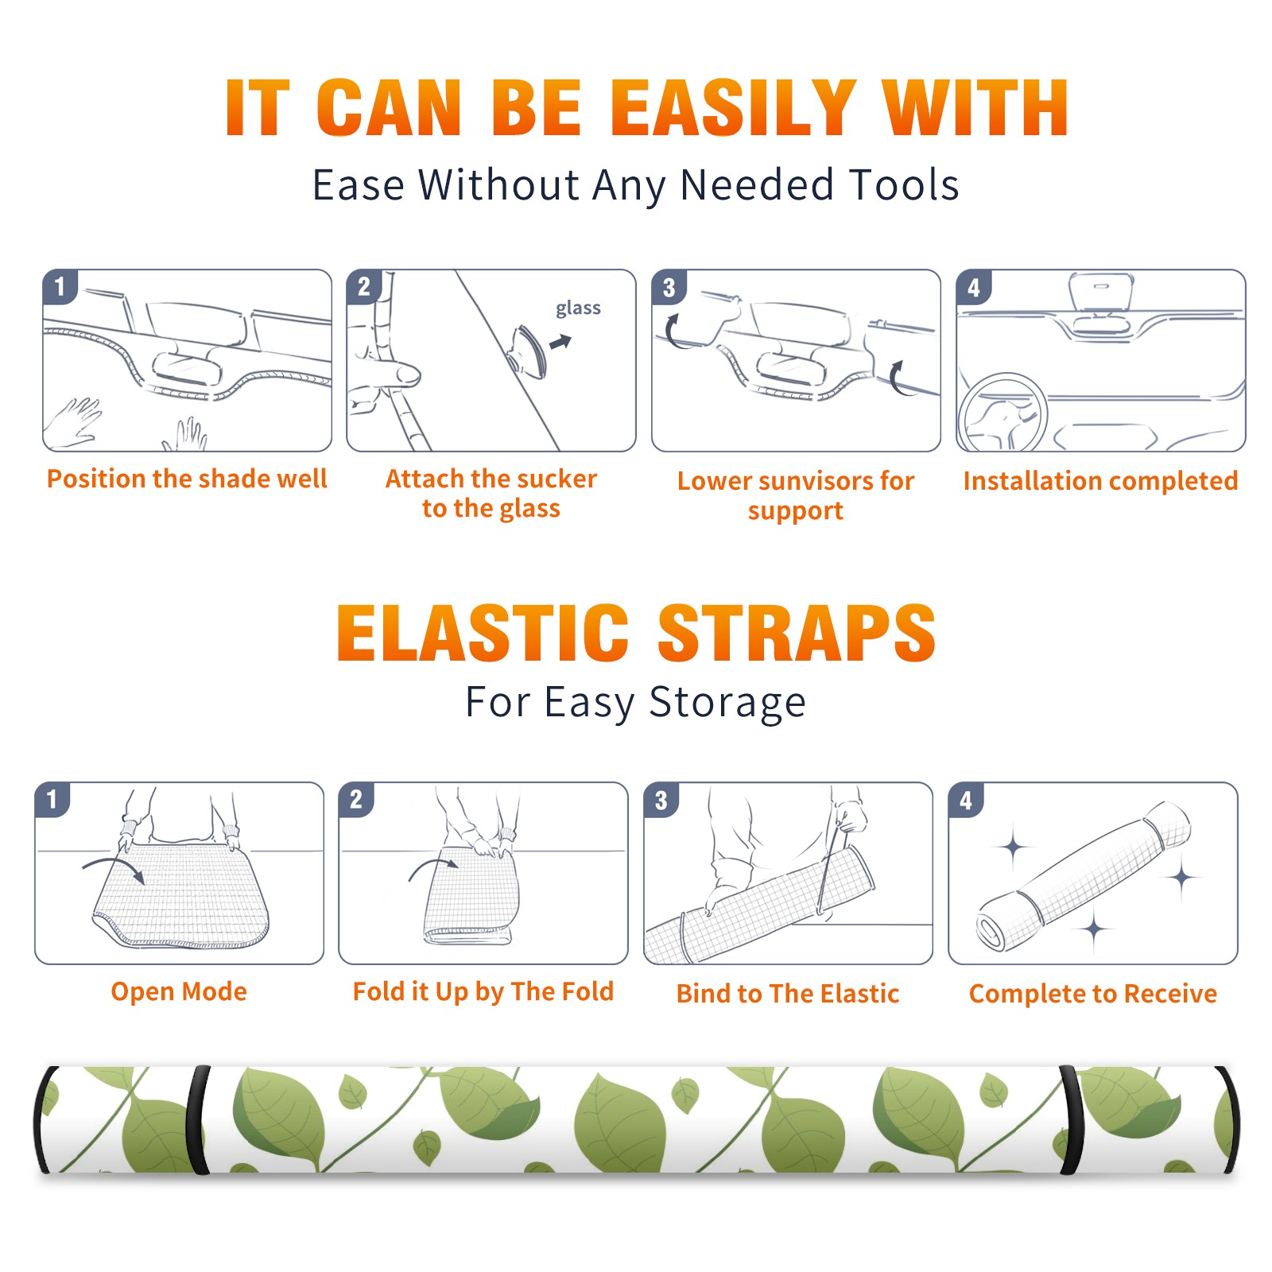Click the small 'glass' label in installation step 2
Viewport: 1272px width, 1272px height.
(x=578, y=308)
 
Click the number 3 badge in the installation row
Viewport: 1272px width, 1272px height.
(x=669, y=287)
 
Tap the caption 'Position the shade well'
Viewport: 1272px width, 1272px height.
(x=187, y=479)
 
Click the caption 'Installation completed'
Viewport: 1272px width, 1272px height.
(x=1100, y=480)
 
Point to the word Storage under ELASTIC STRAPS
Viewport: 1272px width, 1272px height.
(x=727, y=703)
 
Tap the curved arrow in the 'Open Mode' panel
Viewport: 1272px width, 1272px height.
(x=114, y=868)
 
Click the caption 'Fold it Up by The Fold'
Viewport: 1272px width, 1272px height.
(x=483, y=992)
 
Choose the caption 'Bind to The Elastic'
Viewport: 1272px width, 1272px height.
(x=788, y=994)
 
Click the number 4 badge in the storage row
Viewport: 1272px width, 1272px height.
(x=966, y=800)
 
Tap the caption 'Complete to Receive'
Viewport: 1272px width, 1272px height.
(x=1093, y=994)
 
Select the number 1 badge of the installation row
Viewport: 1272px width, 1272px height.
(x=60, y=286)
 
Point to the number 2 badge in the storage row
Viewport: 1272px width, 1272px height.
(x=356, y=800)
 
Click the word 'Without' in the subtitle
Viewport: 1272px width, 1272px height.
(x=499, y=184)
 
